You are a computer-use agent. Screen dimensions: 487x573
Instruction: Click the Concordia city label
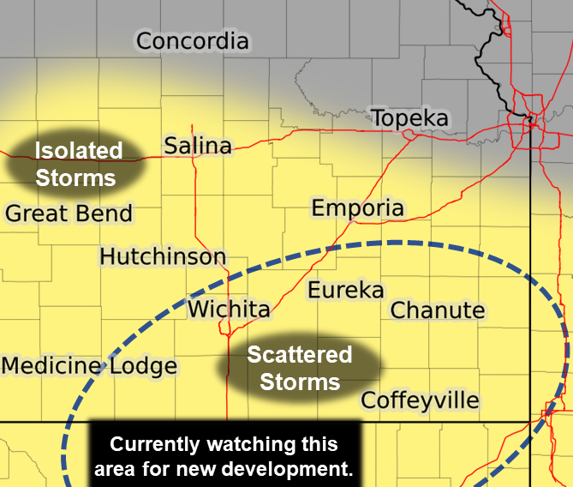pyautogui.click(x=193, y=40)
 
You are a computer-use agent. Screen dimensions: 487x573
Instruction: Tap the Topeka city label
pyautogui.click(x=409, y=117)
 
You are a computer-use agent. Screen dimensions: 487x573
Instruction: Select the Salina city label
pyautogui.click(x=198, y=146)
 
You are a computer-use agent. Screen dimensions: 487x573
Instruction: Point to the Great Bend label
pyautogui.click(x=69, y=213)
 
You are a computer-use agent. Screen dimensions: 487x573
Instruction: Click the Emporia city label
pyautogui.click(x=357, y=207)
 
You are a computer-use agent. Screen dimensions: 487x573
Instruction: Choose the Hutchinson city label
pyautogui.click(x=163, y=256)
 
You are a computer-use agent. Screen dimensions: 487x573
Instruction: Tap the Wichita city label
pyautogui.click(x=229, y=309)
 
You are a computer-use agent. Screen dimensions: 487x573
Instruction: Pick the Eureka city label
pyautogui.click(x=345, y=290)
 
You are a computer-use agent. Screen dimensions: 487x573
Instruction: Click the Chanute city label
pyautogui.click(x=438, y=310)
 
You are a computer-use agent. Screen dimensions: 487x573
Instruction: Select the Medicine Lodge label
pyautogui.click(x=89, y=366)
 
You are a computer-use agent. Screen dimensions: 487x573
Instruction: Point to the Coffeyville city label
pyautogui.click(x=420, y=400)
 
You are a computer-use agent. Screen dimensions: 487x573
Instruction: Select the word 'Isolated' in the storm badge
pyautogui.click(x=78, y=151)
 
